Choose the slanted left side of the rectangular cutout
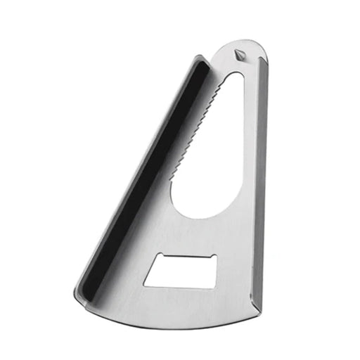point(150,271)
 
